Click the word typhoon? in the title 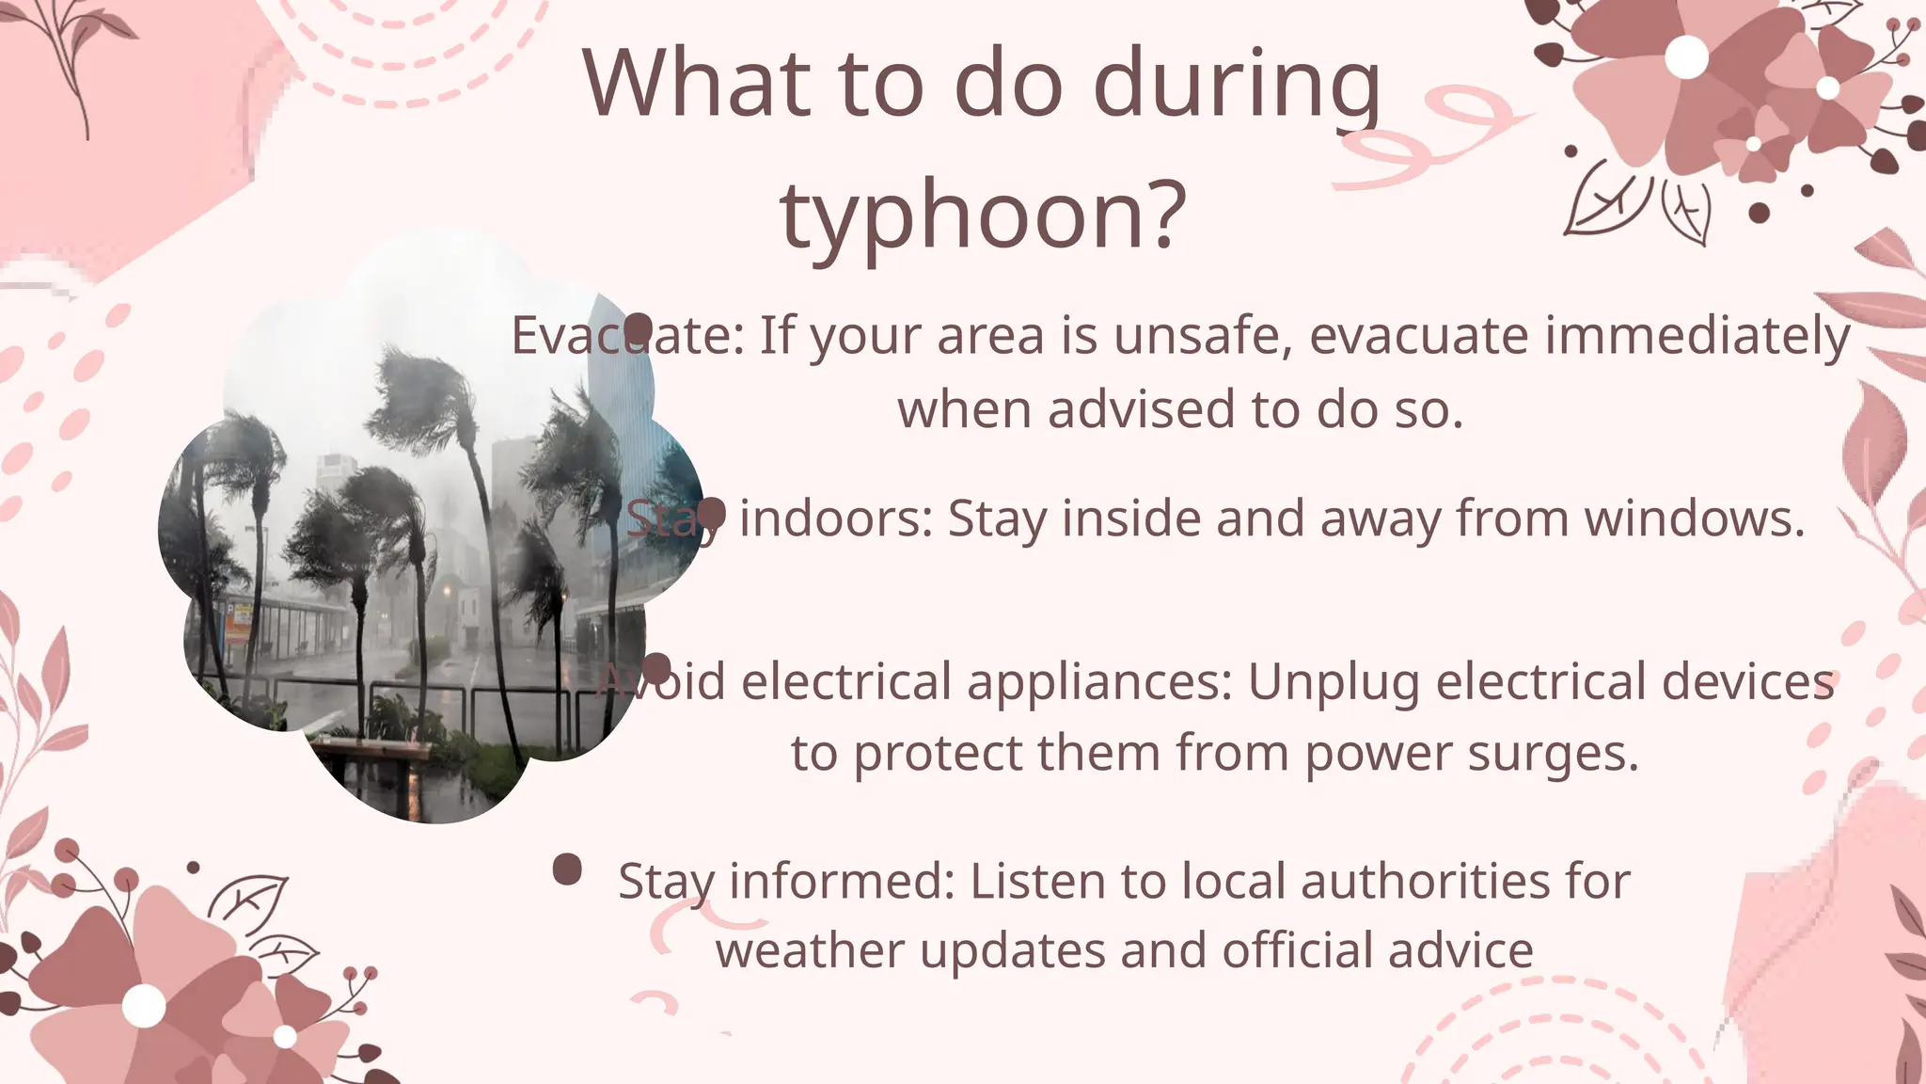pyautogui.click(x=983, y=216)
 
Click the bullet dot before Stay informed pyautogui.click(x=567, y=869)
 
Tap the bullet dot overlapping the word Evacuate pyautogui.click(x=639, y=327)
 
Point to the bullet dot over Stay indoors pyautogui.click(x=712, y=513)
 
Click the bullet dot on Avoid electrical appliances pyautogui.click(x=656, y=668)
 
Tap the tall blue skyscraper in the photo pyautogui.click(x=621, y=376)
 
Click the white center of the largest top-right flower pyautogui.click(x=1686, y=57)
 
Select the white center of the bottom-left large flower pyautogui.click(x=144, y=1006)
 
